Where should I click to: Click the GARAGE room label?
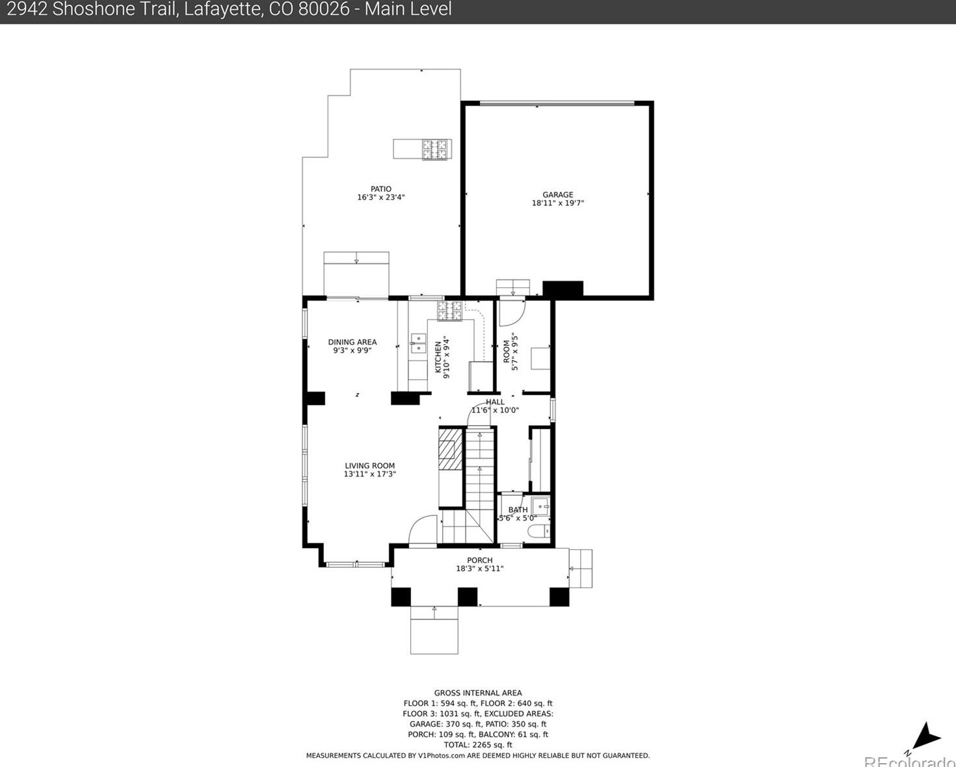[557, 194]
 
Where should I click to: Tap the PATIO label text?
[380, 188]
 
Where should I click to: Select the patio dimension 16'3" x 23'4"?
[380, 197]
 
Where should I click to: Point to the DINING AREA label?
[352, 342]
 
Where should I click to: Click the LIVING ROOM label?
[369, 466]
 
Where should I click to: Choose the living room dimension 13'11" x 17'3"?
[369, 474]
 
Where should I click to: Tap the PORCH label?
[480, 560]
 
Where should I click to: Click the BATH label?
[518, 510]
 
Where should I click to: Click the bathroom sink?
[540, 506]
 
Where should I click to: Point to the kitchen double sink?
[418, 344]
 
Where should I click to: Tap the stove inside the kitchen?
[449, 311]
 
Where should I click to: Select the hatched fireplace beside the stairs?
[450, 448]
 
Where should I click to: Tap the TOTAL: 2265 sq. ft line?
[478, 745]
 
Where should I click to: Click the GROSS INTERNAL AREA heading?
[478, 693]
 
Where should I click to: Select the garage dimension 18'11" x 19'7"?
[557, 203]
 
